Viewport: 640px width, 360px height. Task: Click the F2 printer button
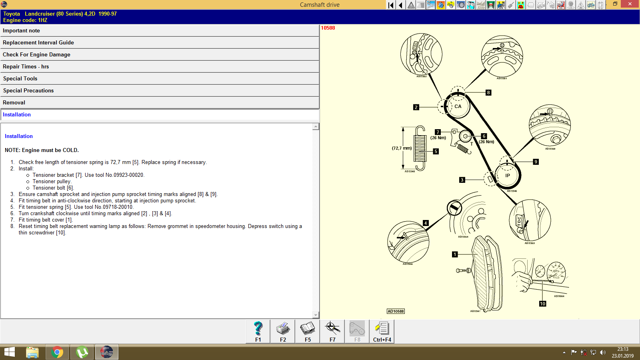pos(283,332)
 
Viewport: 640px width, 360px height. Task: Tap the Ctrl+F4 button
pos(382,332)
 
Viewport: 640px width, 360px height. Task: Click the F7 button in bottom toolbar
pos(332,332)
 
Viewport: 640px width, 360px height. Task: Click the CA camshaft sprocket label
pos(458,106)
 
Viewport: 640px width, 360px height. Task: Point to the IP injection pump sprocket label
pos(508,176)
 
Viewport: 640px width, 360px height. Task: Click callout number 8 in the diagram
pos(488,92)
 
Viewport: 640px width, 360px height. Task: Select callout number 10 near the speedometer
pos(542,304)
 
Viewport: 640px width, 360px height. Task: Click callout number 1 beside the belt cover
pos(455,254)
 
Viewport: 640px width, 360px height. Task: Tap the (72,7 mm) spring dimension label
pos(402,148)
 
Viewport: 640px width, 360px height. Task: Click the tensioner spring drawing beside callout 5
pos(420,148)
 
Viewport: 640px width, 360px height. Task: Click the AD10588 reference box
pos(396,311)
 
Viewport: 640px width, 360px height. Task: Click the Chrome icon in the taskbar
pos(57,352)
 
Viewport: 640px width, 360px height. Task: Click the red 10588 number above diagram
pos(328,28)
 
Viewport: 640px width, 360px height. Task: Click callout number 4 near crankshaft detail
pos(426,223)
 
